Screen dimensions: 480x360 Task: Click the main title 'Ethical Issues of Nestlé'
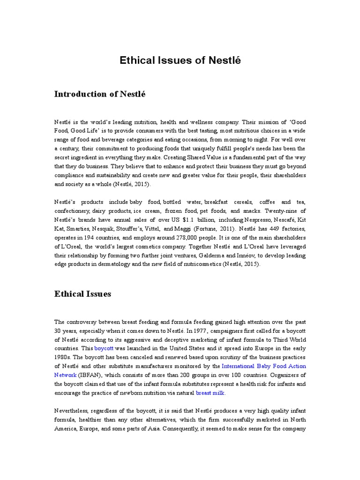click(180, 60)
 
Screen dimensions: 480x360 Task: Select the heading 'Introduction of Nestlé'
click(100, 94)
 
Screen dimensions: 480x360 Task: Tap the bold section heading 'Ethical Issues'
click(82, 294)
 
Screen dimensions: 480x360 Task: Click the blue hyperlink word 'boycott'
click(104, 349)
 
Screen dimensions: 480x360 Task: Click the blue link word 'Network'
click(66, 375)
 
